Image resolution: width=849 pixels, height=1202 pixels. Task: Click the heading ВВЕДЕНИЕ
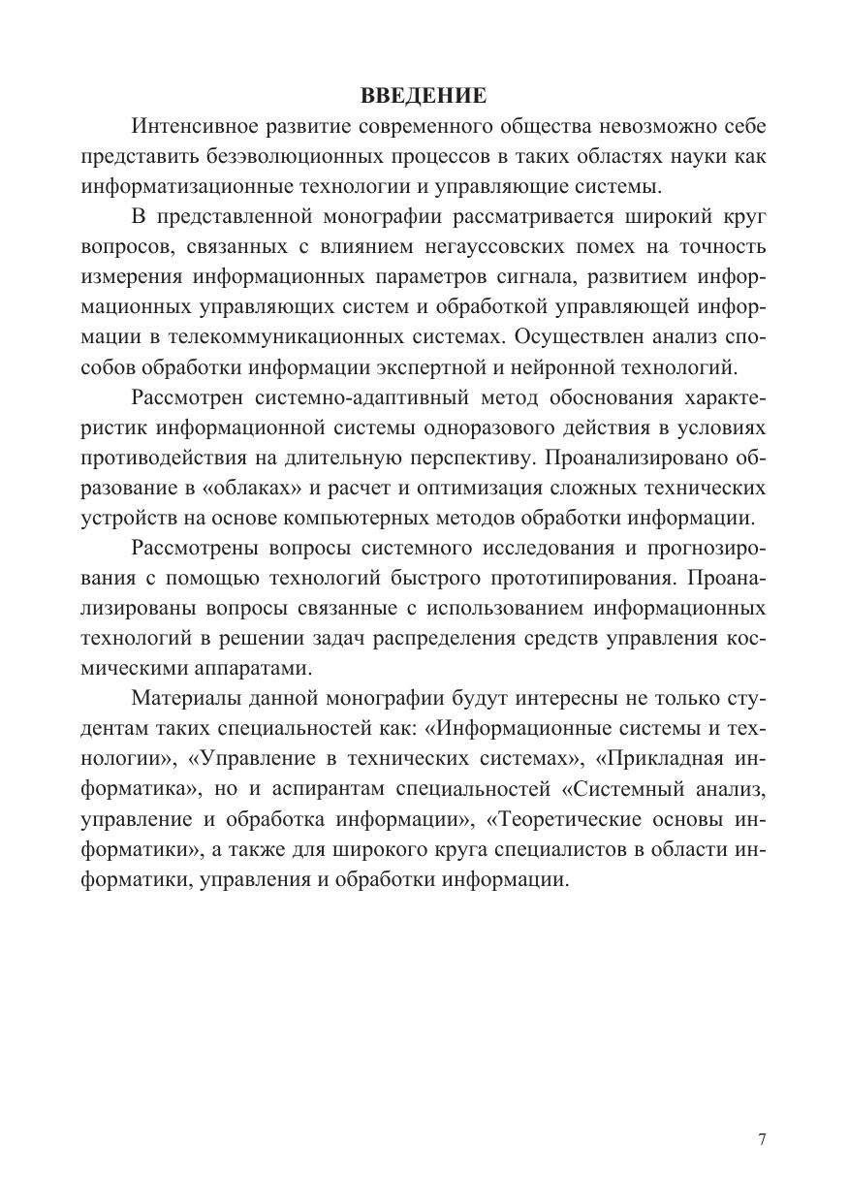click(424, 95)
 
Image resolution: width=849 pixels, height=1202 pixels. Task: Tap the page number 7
click(763, 1140)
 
